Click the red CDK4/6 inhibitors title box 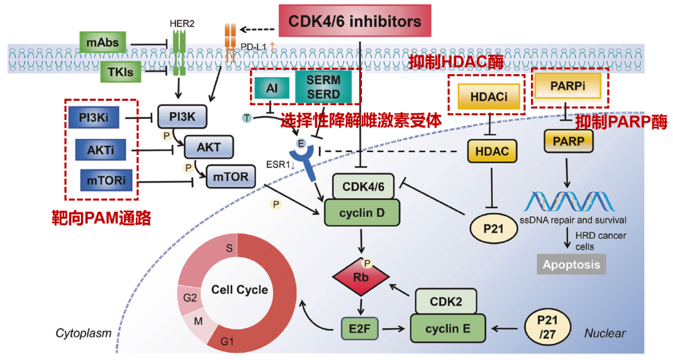[x=354, y=22]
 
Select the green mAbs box [x=103, y=42]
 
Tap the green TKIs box [x=121, y=72]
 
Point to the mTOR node [x=231, y=177]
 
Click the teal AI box [x=272, y=88]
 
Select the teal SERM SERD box [x=323, y=87]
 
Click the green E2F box [x=360, y=328]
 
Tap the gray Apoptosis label [x=571, y=264]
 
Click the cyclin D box [x=362, y=213]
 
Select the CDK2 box [x=445, y=302]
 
